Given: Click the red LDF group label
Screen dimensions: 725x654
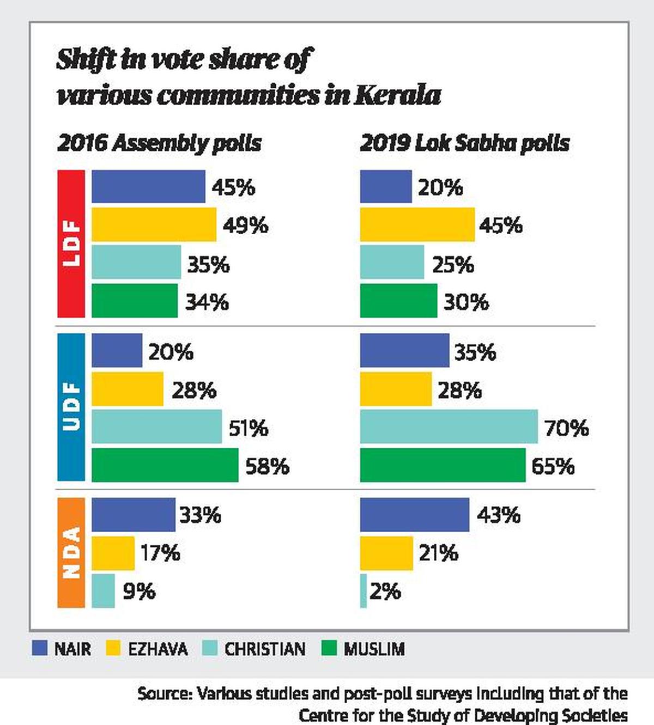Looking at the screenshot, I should pos(71,243).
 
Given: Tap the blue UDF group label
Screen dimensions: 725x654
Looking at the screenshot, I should pos(71,407).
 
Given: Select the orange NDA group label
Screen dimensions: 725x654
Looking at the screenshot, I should pos(71,552).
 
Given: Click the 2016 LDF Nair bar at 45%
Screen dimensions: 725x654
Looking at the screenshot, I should pos(148,186).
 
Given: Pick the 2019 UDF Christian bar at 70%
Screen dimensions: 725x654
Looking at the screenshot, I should pos(449,427).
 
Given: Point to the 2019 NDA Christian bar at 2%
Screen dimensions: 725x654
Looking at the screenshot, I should pos(364,590).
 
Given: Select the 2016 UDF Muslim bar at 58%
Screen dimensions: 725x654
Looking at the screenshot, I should pos(165,465).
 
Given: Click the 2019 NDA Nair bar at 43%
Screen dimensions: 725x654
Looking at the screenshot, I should pos(414,514).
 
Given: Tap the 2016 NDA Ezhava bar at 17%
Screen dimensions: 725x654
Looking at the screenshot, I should pos(113,553).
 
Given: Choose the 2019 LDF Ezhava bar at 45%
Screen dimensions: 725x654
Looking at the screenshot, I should pos(417,224).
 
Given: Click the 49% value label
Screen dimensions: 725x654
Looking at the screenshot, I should pos(245,225).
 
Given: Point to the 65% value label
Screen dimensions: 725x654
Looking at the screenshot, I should pos(553,466).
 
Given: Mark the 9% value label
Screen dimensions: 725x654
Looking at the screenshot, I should pos(139,591).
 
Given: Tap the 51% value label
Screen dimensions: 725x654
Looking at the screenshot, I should pos(248,428).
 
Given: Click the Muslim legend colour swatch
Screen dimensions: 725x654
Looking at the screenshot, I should pos(330,648).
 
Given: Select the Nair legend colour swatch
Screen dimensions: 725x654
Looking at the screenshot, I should pos(40,648).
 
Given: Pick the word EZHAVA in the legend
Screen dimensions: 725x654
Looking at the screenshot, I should pos(158,649).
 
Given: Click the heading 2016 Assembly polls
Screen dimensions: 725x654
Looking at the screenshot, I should pos(159,143).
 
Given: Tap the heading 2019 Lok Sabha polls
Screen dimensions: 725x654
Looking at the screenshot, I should pos(464,143).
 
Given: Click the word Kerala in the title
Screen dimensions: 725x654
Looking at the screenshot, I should pos(398,95).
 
